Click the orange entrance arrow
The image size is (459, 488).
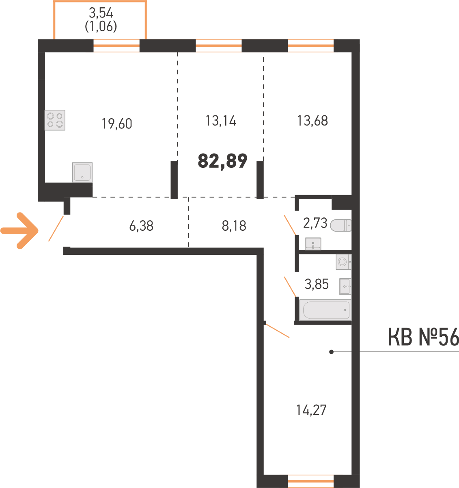tap(20, 230)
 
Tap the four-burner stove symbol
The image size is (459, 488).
tap(55, 120)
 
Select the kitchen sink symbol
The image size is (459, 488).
tap(82, 172)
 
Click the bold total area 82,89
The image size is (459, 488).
tap(222, 161)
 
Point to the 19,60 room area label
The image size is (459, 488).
tap(117, 124)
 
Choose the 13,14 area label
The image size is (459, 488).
tap(221, 121)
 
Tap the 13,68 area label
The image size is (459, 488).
tap(312, 121)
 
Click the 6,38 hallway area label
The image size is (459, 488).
tap(141, 226)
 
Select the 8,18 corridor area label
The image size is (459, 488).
tap(234, 226)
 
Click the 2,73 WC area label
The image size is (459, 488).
tap(315, 223)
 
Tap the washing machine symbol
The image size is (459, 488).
tap(343, 262)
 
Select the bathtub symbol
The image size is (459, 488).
tap(325, 310)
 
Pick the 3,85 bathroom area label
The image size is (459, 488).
tap(317, 284)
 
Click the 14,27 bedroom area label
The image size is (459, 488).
tap(311, 410)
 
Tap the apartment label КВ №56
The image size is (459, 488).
tap(423, 337)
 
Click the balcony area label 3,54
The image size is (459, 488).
tap(101, 13)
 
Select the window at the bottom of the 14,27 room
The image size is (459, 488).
tap(311, 481)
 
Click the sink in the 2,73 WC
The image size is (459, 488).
tap(313, 244)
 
